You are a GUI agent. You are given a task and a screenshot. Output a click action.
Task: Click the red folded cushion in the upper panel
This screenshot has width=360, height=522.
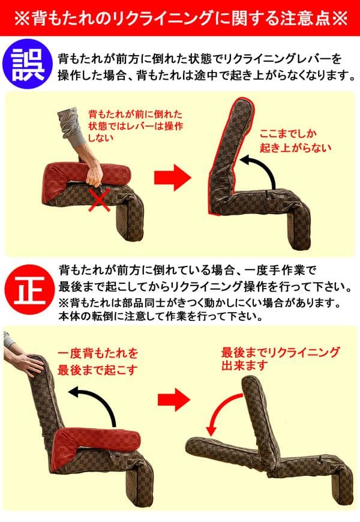pyautogui.click(x=84, y=178)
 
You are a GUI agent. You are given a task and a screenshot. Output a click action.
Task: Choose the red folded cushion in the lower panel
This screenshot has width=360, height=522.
pyautogui.click(x=90, y=444)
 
